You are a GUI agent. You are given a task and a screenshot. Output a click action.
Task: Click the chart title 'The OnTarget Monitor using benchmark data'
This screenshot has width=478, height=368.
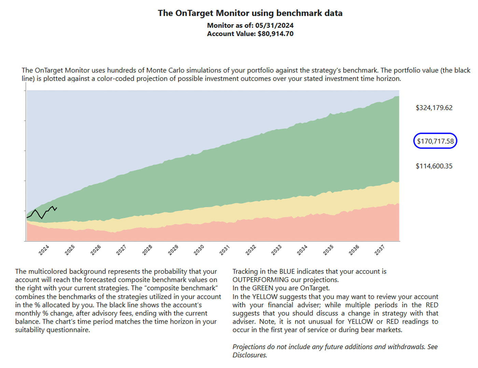250,13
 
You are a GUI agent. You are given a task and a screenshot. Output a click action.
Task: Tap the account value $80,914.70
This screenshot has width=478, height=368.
276,34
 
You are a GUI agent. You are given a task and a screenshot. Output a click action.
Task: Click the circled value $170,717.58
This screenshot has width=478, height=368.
435,141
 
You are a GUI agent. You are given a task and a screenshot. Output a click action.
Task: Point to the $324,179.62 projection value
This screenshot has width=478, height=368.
434,108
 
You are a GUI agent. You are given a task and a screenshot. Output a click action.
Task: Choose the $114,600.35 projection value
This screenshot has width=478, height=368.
434,166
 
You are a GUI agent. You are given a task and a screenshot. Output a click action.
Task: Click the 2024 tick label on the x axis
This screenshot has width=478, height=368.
44,250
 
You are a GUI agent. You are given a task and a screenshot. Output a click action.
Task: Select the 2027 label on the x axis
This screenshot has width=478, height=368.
121,250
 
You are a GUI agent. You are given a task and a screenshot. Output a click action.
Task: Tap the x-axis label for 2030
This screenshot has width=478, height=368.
199,250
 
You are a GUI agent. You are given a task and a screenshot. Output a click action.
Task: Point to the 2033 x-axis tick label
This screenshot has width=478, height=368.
276,250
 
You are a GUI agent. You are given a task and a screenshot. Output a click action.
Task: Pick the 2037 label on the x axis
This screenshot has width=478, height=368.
379,250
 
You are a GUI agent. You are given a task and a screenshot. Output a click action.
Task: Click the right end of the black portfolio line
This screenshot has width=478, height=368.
57,208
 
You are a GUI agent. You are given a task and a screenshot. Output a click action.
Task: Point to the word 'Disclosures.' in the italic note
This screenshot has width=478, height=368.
250,355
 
